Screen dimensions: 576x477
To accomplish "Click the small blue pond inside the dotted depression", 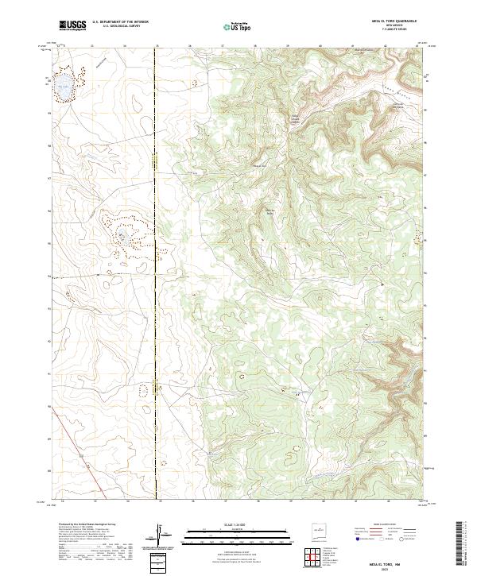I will (124, 236).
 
